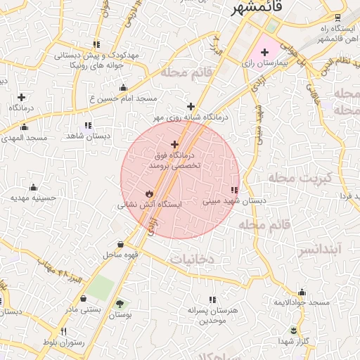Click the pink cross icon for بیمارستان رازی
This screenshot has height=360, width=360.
point(264,53)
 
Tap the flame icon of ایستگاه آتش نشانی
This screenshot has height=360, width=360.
point(149,193)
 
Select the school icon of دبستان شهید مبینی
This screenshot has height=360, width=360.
point(233,190)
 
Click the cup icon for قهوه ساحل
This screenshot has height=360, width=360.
point(121,245)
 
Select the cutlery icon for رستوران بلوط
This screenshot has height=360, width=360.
point(63,332)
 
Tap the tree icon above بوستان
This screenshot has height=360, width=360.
point(121,304)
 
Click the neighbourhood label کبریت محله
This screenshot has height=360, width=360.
point(299,179)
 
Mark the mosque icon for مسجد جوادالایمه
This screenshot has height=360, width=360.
point(302,292)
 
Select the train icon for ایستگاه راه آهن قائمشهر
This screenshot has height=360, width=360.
point(338,18)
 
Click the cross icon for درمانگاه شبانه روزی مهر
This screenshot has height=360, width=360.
point(191,106)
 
